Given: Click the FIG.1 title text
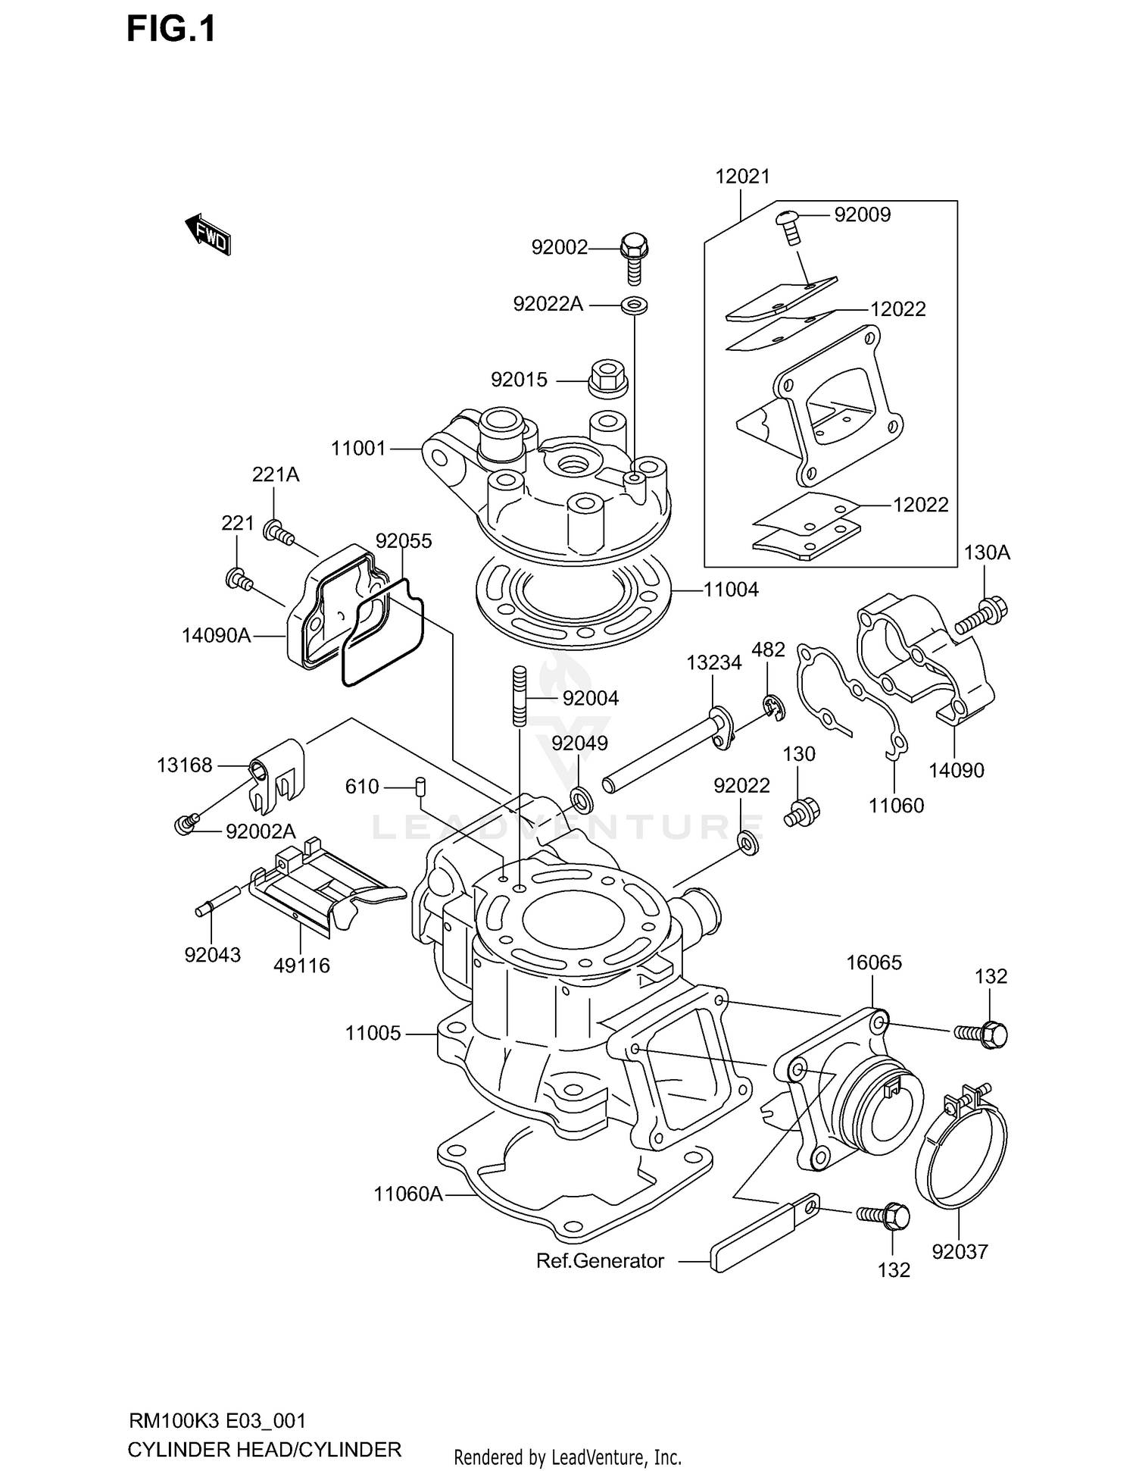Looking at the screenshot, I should [x=171, y=29].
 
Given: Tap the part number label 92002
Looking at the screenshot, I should [x=559, y=247].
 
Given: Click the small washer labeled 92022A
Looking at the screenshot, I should [x=635, y=305].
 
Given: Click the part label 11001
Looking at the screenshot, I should [x=358, y=449].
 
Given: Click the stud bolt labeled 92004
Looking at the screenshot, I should [x=520, y=696].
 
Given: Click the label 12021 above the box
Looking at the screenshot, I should [x=742, y=177].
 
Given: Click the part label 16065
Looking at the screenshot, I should [x=873, y=962].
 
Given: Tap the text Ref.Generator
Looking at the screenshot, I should [x=600, y=1260].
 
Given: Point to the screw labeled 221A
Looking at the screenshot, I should [x=279, y=533].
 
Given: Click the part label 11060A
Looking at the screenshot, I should [x=407, y=1194].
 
